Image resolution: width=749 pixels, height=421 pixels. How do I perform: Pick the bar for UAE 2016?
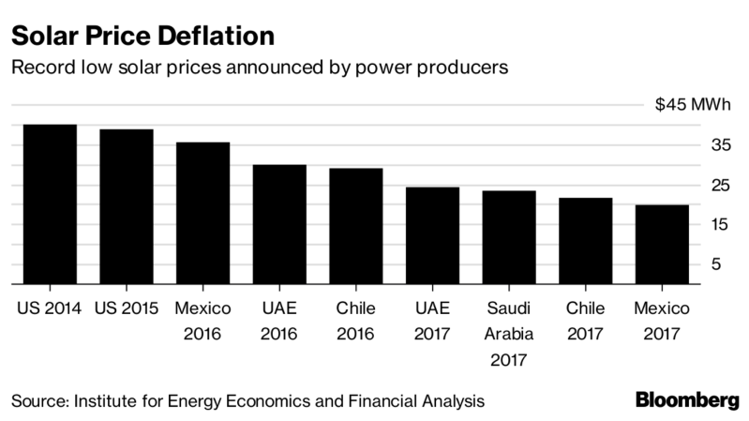click(x=279, y=224)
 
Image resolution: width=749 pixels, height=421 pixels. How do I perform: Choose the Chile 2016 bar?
click(x=356, y=226)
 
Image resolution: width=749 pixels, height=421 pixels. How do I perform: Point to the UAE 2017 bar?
click(x=432, y=235)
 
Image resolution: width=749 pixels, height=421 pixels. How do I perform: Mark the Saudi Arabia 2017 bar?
click(x=509, y=237)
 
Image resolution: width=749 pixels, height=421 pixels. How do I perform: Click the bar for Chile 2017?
click(x=586, y=241)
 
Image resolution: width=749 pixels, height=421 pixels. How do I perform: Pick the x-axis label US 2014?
click(x=50, y=308)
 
